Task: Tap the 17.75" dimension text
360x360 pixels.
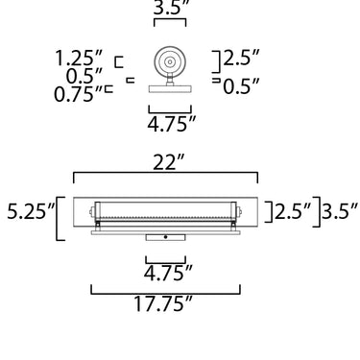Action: point(163,303)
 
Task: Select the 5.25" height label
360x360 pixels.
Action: point(31,211)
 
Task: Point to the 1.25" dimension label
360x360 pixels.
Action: point(79,59)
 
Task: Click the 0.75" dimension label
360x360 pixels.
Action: point(78,94)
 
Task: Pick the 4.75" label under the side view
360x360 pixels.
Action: point(171,124)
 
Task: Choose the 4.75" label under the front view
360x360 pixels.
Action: point(168,273)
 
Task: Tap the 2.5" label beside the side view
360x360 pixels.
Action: point(241,57)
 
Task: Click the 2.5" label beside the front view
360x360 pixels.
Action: point(293,211)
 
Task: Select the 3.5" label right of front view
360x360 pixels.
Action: point(340,210)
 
